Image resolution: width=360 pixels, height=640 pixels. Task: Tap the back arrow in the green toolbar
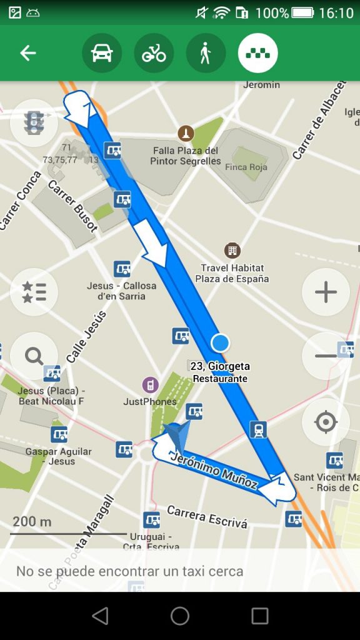[x=28, y=53]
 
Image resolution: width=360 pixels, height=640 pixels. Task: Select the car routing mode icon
[x=102, y=53]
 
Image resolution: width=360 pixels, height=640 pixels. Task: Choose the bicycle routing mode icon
[x=154, y=53]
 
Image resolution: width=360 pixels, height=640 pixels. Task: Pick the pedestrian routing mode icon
[x=206, y=53]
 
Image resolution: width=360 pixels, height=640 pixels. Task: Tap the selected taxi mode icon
[x=257, y=53]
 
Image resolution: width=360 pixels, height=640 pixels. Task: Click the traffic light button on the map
[x=34, y=122]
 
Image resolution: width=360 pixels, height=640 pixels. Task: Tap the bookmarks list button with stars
[x=34, y=292]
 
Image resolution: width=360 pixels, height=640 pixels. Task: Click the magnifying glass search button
[x=34, y=356]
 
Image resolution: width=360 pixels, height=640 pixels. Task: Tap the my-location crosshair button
[x=326, y=422]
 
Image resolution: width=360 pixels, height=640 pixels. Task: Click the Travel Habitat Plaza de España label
[x=232, y=273]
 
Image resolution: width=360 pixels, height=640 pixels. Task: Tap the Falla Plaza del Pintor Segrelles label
[x=186, y=156]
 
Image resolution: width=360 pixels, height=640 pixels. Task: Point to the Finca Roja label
[x=246, y=167]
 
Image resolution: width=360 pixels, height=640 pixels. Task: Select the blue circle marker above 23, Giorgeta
[x=220, y=342]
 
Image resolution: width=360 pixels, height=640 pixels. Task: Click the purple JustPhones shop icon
[x=149, y=384]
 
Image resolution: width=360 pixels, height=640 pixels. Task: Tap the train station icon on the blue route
[x=258, y=429]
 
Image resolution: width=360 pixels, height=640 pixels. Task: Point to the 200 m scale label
[x=32, y=521]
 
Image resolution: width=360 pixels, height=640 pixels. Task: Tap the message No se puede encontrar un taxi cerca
[x=129, y=571]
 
